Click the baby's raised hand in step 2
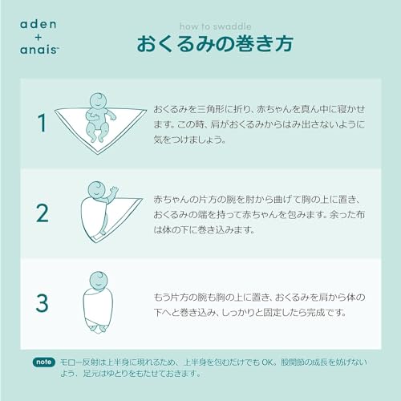tap(113, 192)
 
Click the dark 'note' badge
tap(43, 361)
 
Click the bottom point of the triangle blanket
tap(97, 153)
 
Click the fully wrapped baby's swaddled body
tap(97, 309)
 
